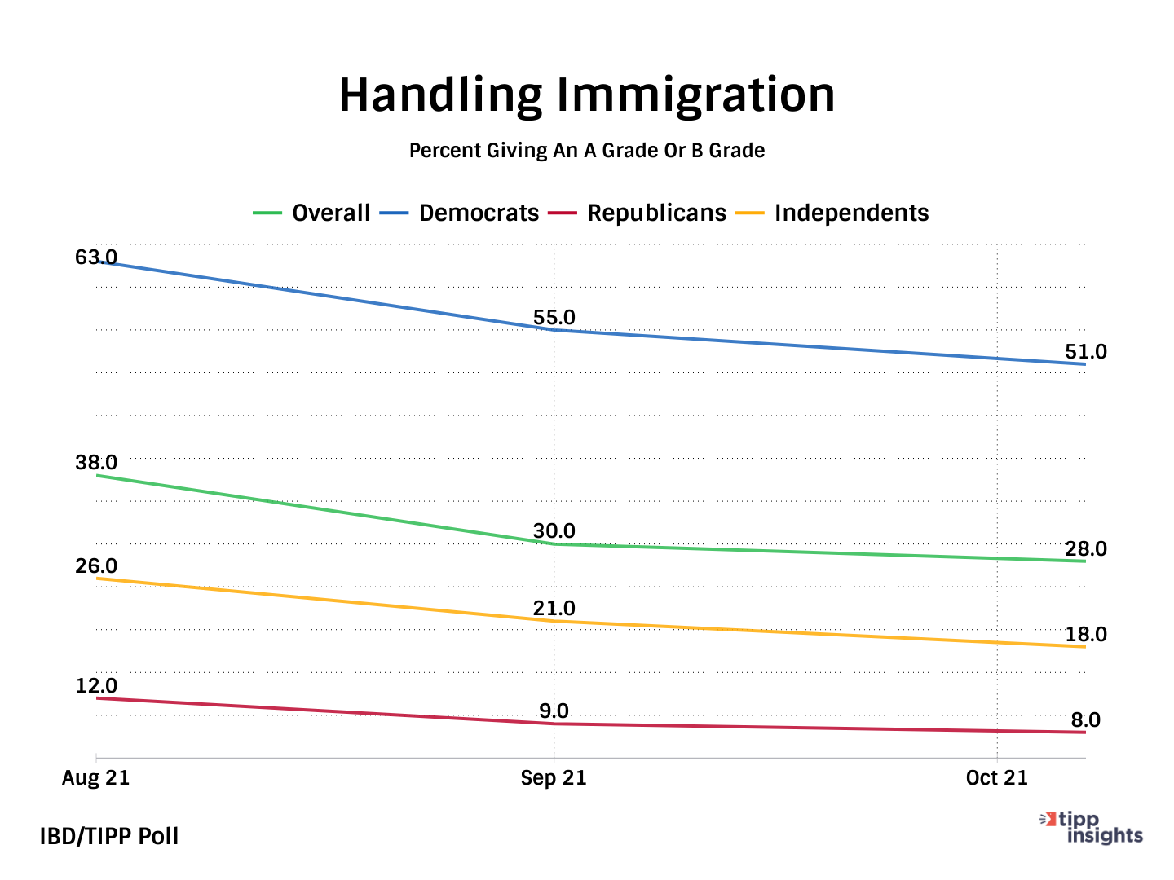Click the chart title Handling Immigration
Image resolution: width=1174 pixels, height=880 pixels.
587,95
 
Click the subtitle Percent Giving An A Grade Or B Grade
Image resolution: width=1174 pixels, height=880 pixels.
587,151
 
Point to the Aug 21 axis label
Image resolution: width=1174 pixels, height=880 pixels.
96,778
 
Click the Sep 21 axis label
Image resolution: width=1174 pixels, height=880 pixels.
554,778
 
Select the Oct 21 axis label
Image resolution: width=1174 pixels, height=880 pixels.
996,778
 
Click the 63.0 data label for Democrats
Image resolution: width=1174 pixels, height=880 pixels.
96,257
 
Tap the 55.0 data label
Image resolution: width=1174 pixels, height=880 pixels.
554,318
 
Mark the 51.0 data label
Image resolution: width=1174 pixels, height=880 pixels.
1086,352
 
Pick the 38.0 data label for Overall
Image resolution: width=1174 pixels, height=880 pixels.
96,463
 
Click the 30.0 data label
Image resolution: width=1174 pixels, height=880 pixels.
554,531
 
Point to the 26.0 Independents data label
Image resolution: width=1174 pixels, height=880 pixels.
96,566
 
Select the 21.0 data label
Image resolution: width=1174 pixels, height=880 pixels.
554,609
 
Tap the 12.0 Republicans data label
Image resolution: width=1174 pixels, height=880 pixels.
96,686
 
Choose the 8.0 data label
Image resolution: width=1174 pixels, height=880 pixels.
1086,720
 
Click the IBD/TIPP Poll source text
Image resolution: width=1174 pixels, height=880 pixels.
109,837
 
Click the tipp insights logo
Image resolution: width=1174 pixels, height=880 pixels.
1092,828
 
